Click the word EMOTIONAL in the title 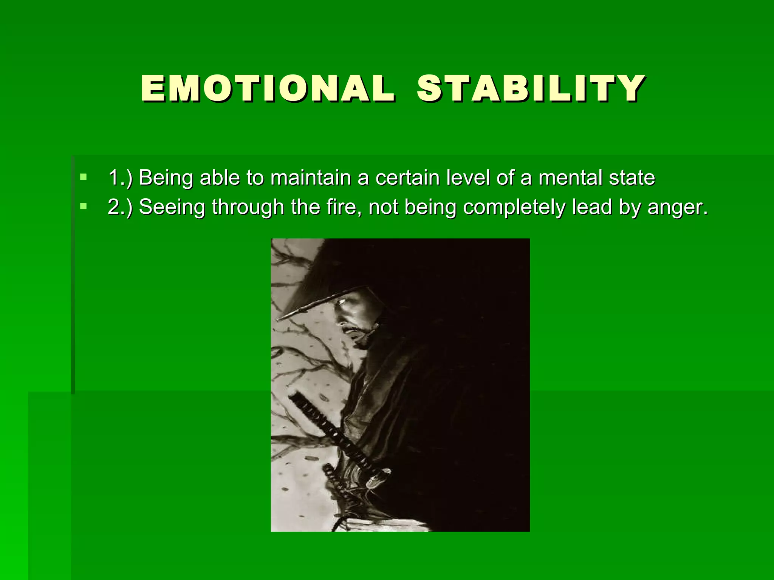268,89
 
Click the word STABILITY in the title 531,89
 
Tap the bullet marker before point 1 84,177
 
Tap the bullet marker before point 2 84,207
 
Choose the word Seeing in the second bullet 172,207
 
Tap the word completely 514,207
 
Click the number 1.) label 120,177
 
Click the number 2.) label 120,207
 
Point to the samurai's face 353,321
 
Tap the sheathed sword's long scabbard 333,434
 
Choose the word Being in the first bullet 166,177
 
